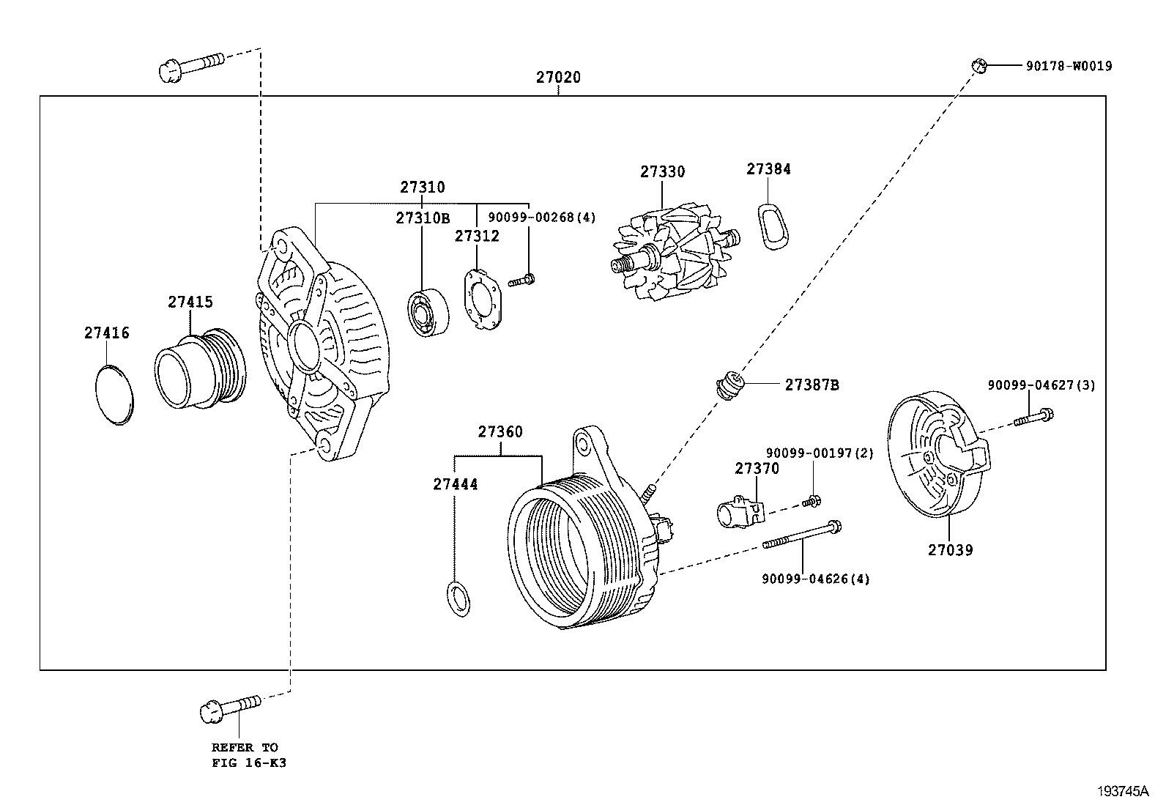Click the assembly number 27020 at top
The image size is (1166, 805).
tap(558, 77)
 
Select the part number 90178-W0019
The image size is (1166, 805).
tap(1068, 66)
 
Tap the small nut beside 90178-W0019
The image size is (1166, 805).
tap(979, 66)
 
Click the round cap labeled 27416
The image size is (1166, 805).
tap(116, 393)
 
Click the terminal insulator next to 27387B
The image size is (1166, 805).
tap(730, 384)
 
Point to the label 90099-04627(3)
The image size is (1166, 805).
tap(1041, 385)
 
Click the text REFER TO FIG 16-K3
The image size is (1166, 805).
tap(245, 754)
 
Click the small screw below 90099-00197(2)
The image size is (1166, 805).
tap(811, 502)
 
